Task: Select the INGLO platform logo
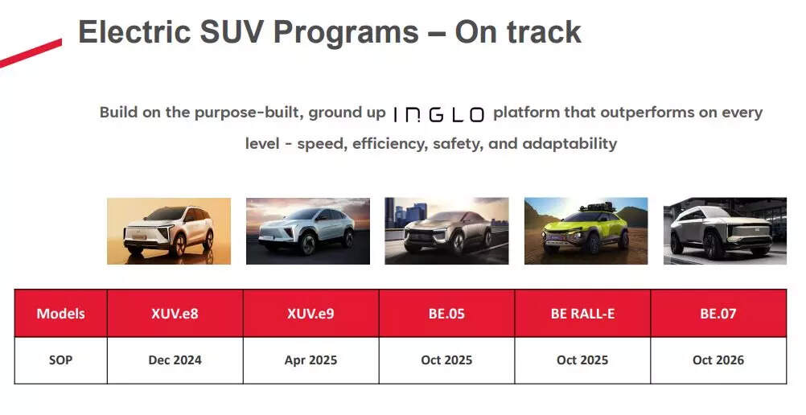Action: point(438,114)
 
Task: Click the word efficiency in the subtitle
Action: point(361,144)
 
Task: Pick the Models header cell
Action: point(60,314)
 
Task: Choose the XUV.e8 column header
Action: point(175,314)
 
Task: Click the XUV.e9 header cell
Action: point(310,314)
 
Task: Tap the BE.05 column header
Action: point(446,314)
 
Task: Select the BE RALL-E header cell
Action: point(582,314)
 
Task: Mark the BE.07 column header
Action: point(718,314)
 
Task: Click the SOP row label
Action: point(60,360)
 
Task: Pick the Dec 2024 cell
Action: point(175,360)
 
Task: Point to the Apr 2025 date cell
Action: point(310,360)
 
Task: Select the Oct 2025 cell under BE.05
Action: point(446,360)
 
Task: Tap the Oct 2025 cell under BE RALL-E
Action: point(582,360)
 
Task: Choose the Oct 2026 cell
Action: point(718,360)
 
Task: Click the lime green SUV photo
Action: point(586,231)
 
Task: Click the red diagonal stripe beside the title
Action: point(31,53)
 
